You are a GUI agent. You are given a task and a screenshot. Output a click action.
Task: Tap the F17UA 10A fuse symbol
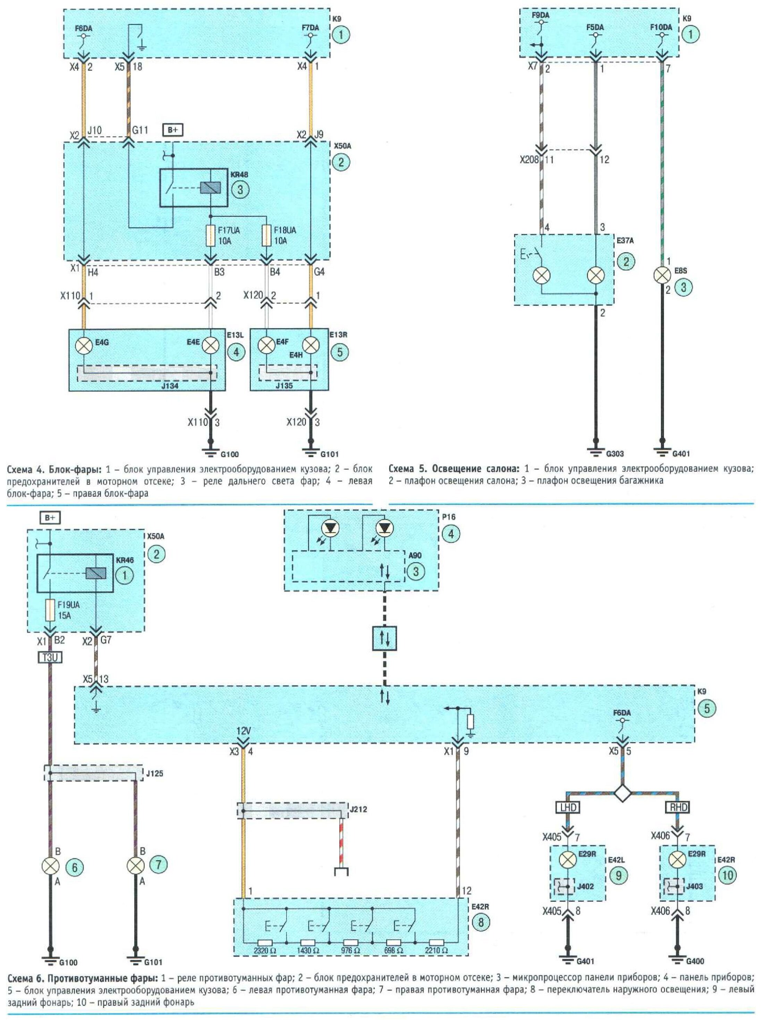tap(210, 235)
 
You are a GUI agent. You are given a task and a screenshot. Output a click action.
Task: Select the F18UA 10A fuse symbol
tap(266, 235)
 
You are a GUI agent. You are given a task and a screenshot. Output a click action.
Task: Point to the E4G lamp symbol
tap(85, 345)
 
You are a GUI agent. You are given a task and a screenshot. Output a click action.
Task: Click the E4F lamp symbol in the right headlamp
tap(266, 345)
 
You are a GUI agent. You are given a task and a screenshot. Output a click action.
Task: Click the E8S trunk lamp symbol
tap(662, 276)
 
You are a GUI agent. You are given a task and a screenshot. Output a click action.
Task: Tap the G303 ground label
tap(615, 454)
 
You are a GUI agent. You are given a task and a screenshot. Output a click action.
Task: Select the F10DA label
tap(661, 27)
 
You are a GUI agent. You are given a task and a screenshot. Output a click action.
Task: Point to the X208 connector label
tap(528, 160)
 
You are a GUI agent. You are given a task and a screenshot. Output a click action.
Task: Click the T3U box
tap(49, 657)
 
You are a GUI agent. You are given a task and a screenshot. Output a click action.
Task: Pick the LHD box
tap(567, 807)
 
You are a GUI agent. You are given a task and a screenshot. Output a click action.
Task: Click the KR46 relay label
tap(125, 560)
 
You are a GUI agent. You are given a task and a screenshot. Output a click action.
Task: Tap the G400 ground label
tap(695, 961)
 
